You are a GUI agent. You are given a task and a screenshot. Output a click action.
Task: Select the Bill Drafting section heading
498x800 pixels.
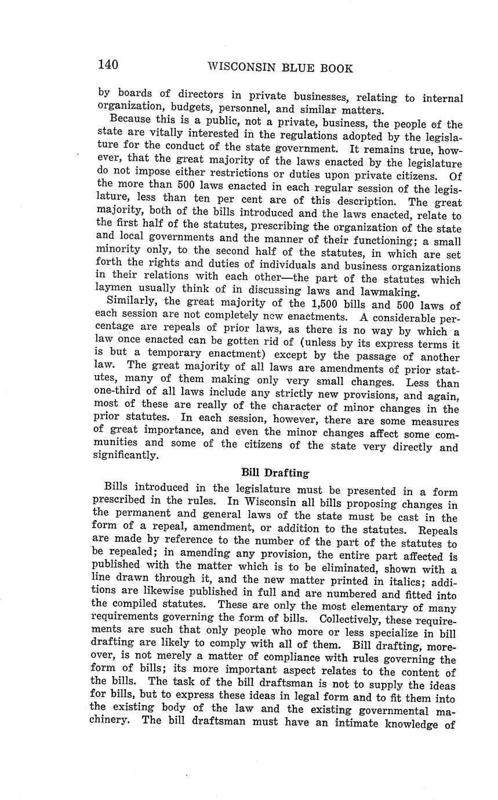(x=275, y=473)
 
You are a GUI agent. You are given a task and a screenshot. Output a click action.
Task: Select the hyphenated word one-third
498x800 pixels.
(x=118, y=391)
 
